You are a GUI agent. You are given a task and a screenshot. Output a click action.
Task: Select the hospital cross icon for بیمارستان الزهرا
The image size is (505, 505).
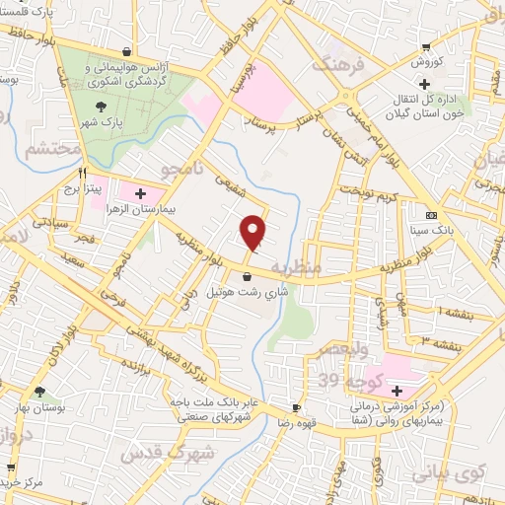[140, 192]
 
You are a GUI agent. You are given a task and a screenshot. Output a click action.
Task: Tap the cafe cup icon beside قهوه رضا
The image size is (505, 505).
[296, 407]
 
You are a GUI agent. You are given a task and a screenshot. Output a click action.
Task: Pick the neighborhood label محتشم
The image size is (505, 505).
[30, 151]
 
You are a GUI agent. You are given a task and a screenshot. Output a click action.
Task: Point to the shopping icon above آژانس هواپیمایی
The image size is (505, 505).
[125, 51]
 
